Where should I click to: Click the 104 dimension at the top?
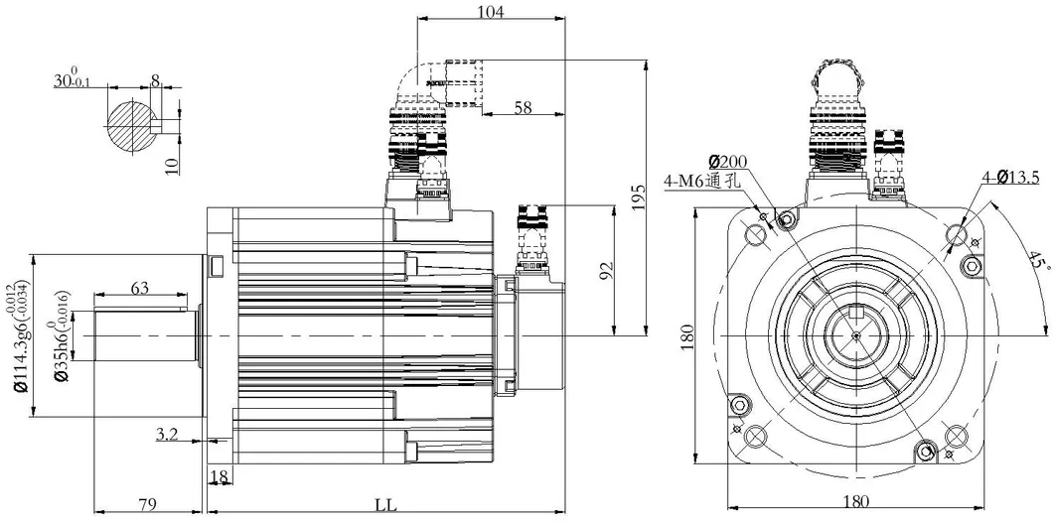click(x=491, y=12)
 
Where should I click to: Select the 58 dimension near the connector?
click(x=522, y=106)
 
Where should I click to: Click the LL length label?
click(x=385, y=504)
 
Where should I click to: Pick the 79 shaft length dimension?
click(x=147, y=504)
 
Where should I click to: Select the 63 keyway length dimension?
click(x=140, y=289)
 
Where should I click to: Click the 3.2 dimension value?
click(x=167, y=433)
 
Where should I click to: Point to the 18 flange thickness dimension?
click(x=220, y=477)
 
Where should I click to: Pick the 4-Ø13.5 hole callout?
click(x=1010, y=178)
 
